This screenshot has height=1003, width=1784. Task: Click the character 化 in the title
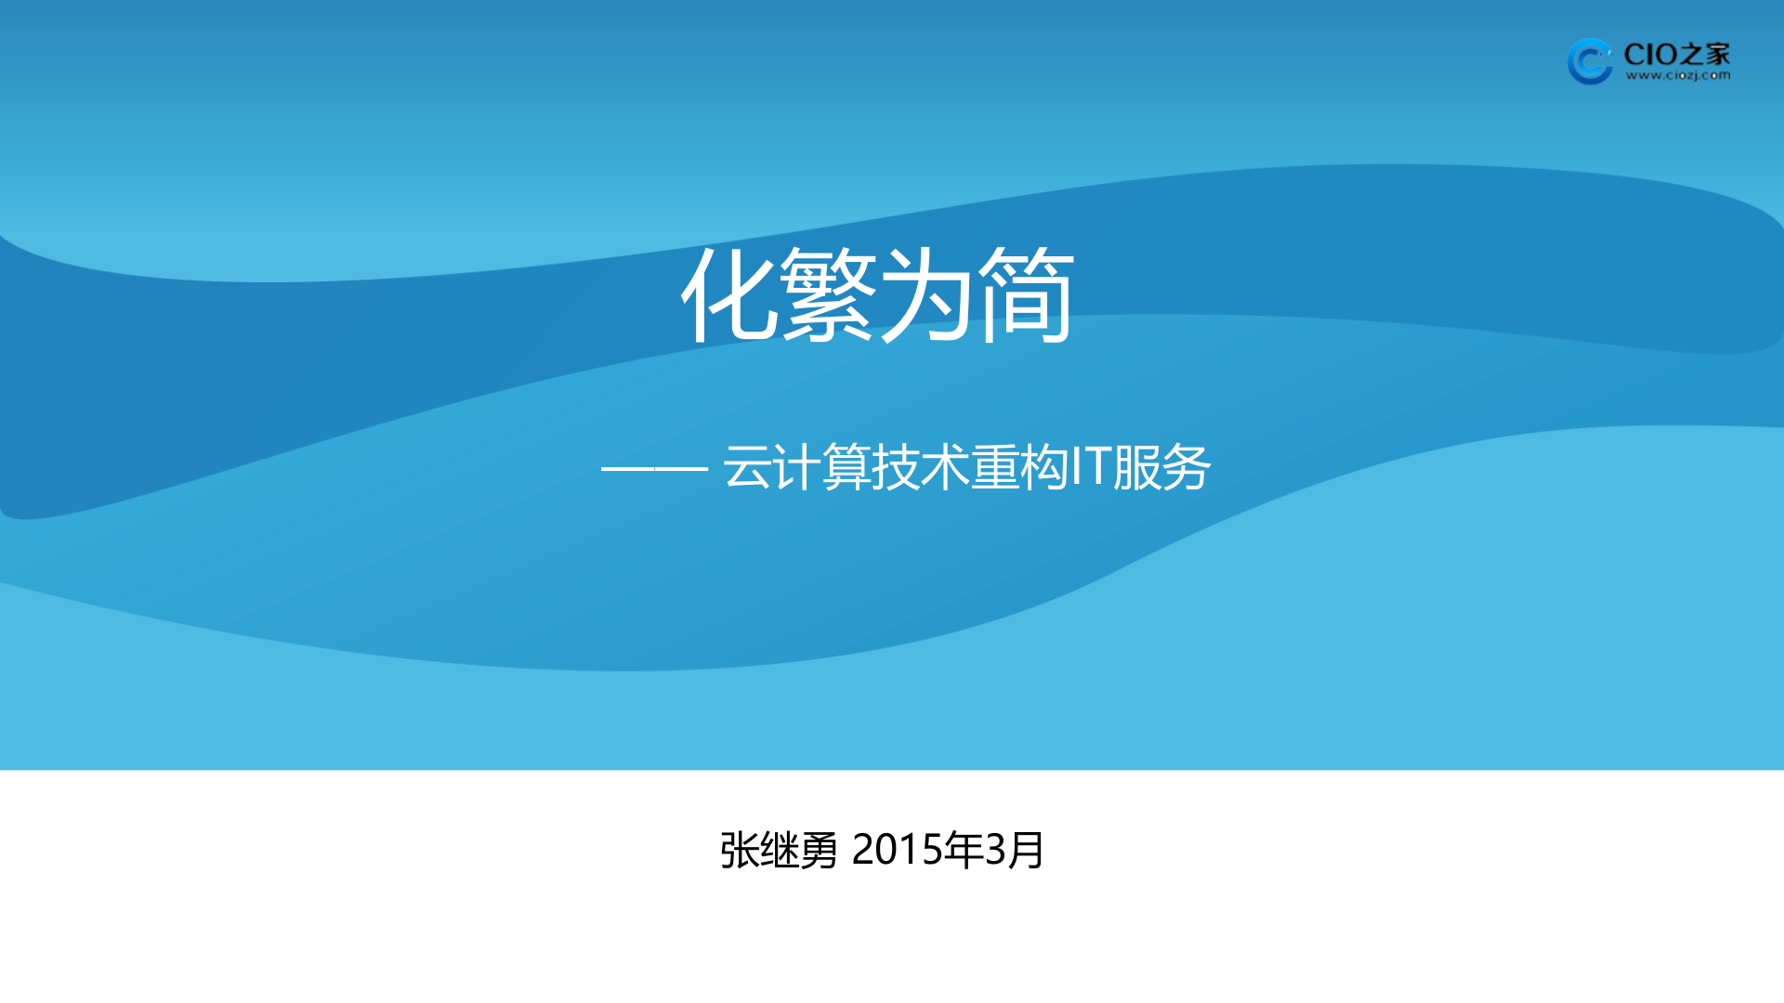click(x=730, y=295)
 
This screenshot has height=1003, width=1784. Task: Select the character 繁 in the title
click(x=828, y=295)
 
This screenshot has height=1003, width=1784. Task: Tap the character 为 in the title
click(x=926, y=295)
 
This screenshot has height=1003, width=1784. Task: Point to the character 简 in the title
click(x=1026, y=295)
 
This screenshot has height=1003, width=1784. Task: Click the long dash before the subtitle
click(x=654, y=469)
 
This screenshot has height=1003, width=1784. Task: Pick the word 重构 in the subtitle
click(x=1019, y=467)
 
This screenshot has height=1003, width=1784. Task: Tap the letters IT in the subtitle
click(x=1091, y=467)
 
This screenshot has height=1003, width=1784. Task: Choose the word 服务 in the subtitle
click(x=1161, y=467)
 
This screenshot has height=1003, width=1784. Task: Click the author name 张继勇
click(x=779, y=851)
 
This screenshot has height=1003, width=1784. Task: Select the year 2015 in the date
click(x=898, y=850)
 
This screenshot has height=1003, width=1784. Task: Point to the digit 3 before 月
click(x=995, y=850)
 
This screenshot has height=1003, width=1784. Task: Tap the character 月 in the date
click(x=1027, y=851)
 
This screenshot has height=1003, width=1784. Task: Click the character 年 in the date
click(x=964, y=850)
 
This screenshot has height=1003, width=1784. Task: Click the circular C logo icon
click(x=1590, y=61)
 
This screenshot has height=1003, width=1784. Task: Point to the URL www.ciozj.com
click(x=1678, y=76)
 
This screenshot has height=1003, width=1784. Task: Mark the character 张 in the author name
click(x=740, y=851)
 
